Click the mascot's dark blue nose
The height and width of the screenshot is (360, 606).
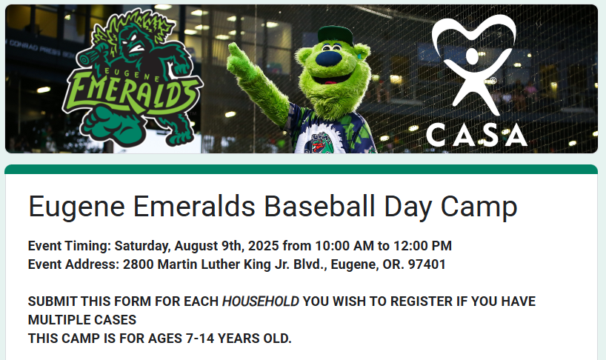(329, 59)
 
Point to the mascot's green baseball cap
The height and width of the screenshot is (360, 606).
(335, 35)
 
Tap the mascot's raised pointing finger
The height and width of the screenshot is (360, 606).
(234, 51)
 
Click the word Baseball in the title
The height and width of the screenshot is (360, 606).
(319, 206)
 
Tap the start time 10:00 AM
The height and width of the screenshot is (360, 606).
(344, 246)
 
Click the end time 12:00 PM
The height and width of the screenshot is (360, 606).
(422, 246)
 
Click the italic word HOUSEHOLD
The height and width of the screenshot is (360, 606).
(261, 301)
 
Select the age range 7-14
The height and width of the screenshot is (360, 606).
(200, 339)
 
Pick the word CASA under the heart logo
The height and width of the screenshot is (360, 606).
(476, 136)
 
